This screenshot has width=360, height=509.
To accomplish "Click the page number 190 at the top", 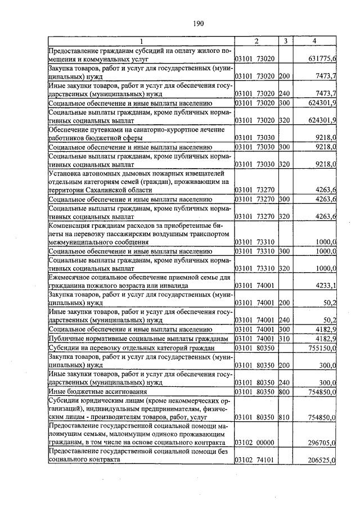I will point(197,23).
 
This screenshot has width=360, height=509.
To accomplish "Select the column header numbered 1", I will point(141,41).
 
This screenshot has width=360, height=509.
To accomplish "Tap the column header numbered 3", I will point(286,41).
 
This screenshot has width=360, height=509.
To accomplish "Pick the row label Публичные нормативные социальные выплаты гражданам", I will point(138,339).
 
